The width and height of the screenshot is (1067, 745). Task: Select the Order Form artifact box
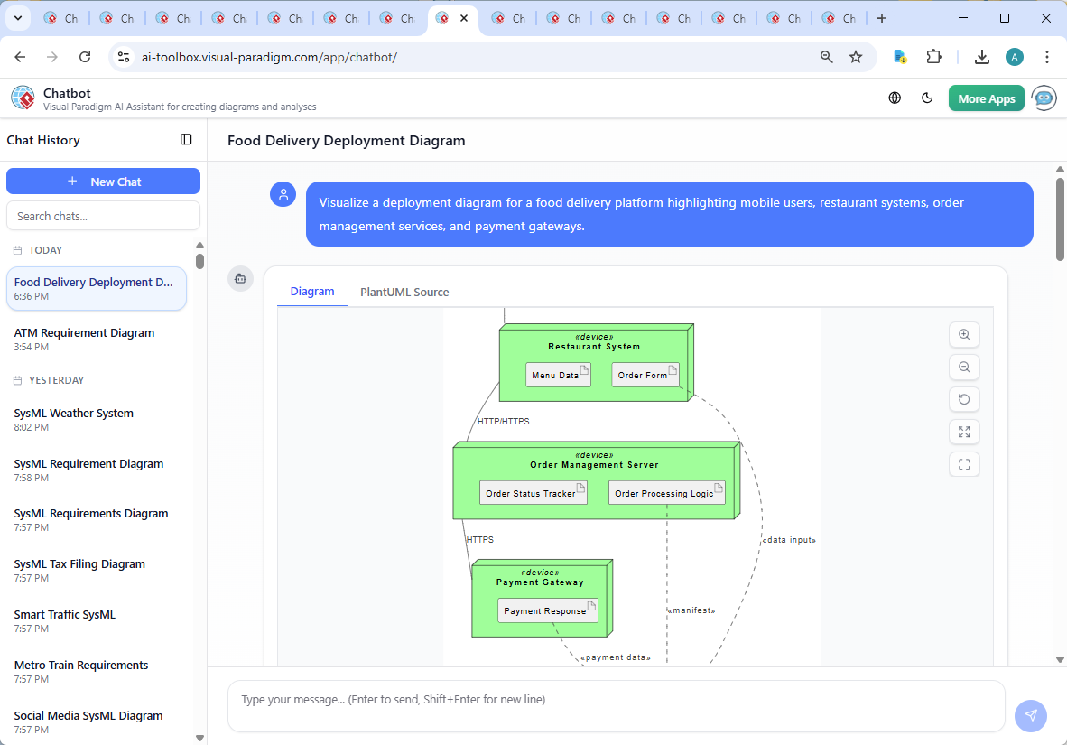pyautogui.click(x=645, y=375)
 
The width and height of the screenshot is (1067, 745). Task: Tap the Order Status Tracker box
pyautogui.click(x=533, y=493)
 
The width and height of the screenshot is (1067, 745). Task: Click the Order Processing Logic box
pyautogui.click(x=666, y=493)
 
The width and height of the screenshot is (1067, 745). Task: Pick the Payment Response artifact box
pyautogui.click(x=547, y=610)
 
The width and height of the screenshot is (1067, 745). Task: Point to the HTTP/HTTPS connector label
pyautogui.click(x=504, y=421)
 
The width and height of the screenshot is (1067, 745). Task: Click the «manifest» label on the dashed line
pyautogui.click(x=691, y=610)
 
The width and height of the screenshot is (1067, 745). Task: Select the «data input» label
pyautogui.click(x=789, y=540)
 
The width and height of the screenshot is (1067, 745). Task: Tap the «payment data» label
pyautogui.click(x=615, y=657)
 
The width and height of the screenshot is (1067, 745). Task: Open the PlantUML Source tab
pyautogui.click(x=404, y=292)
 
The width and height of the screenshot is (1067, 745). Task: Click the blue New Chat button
pyautogui.click(x=103, y=182)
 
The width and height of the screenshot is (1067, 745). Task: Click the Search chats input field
pyautogui.click(x=103, y=216)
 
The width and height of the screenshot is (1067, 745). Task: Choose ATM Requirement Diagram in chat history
pyautogui.click(x=85, y=332)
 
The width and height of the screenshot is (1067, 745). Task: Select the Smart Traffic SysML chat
pyautogui.click(x=65, y=614)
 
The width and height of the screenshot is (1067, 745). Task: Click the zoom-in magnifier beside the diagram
pyautogui.click(x=964, y=334)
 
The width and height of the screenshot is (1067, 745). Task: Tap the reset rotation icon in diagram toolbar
pyautogui.click(x=964, y=399)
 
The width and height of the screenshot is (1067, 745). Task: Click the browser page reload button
pyautogui.click(x=85, y=57)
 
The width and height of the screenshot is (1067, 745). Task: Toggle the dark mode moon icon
pyautogui.click(x=927, y=98)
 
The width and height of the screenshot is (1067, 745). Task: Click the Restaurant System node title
pyautogui.click(x=594, y=347)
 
